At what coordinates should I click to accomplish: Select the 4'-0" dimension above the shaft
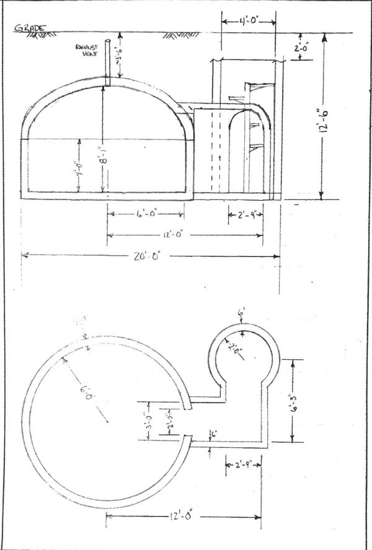pos(247,20)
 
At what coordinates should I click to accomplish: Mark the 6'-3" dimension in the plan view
pos(296,399)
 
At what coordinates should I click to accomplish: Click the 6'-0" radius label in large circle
pos(84,393)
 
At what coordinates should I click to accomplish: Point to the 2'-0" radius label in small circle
pos(237,350)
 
